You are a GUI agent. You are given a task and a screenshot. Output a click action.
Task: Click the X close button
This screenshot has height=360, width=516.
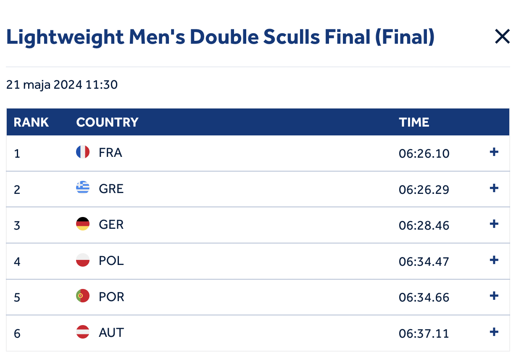tap(502, 37)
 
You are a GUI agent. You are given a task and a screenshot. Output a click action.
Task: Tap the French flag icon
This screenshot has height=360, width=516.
tap(83, 152)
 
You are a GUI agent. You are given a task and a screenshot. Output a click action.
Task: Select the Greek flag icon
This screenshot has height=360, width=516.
tap(83, 188)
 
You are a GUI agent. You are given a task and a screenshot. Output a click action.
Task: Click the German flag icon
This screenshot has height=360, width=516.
tap(83, 224)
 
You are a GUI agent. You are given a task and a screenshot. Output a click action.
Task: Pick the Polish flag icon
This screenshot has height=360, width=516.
tap(83, 260)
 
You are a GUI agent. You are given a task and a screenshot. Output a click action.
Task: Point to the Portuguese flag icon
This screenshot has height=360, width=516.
tap(83, 296)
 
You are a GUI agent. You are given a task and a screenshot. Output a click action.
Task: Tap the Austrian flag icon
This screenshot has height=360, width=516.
tap(83, 332)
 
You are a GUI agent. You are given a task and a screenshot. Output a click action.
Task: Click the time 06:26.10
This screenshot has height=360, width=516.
tap(424, 154)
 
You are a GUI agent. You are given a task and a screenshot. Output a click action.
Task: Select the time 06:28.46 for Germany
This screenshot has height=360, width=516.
tap(424, 226)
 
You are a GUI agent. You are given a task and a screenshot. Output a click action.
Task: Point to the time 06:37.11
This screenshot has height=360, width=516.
tap(424, 334)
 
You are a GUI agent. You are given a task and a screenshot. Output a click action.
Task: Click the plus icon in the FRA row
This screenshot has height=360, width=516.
tap(494, 152)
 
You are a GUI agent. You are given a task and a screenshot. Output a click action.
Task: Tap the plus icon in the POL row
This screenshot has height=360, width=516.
tap(494, 260)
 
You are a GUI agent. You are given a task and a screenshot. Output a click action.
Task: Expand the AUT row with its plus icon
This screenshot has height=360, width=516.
tap(494, 332)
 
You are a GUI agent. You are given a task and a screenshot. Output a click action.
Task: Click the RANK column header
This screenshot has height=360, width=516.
tap(31, 122)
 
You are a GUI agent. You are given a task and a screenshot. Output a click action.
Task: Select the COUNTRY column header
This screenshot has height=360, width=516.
tap(107, 122)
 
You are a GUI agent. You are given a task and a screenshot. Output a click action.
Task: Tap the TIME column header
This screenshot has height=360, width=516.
tap(414, 122)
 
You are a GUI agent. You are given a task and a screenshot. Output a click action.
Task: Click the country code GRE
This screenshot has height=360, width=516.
tap(111, 189)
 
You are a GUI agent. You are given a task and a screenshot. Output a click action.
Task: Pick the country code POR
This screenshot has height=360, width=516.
tap(111, 297)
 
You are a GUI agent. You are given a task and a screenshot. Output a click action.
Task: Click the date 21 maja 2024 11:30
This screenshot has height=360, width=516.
tap(62, 85)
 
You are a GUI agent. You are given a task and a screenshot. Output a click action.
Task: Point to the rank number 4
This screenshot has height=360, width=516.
tap(17, 262)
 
